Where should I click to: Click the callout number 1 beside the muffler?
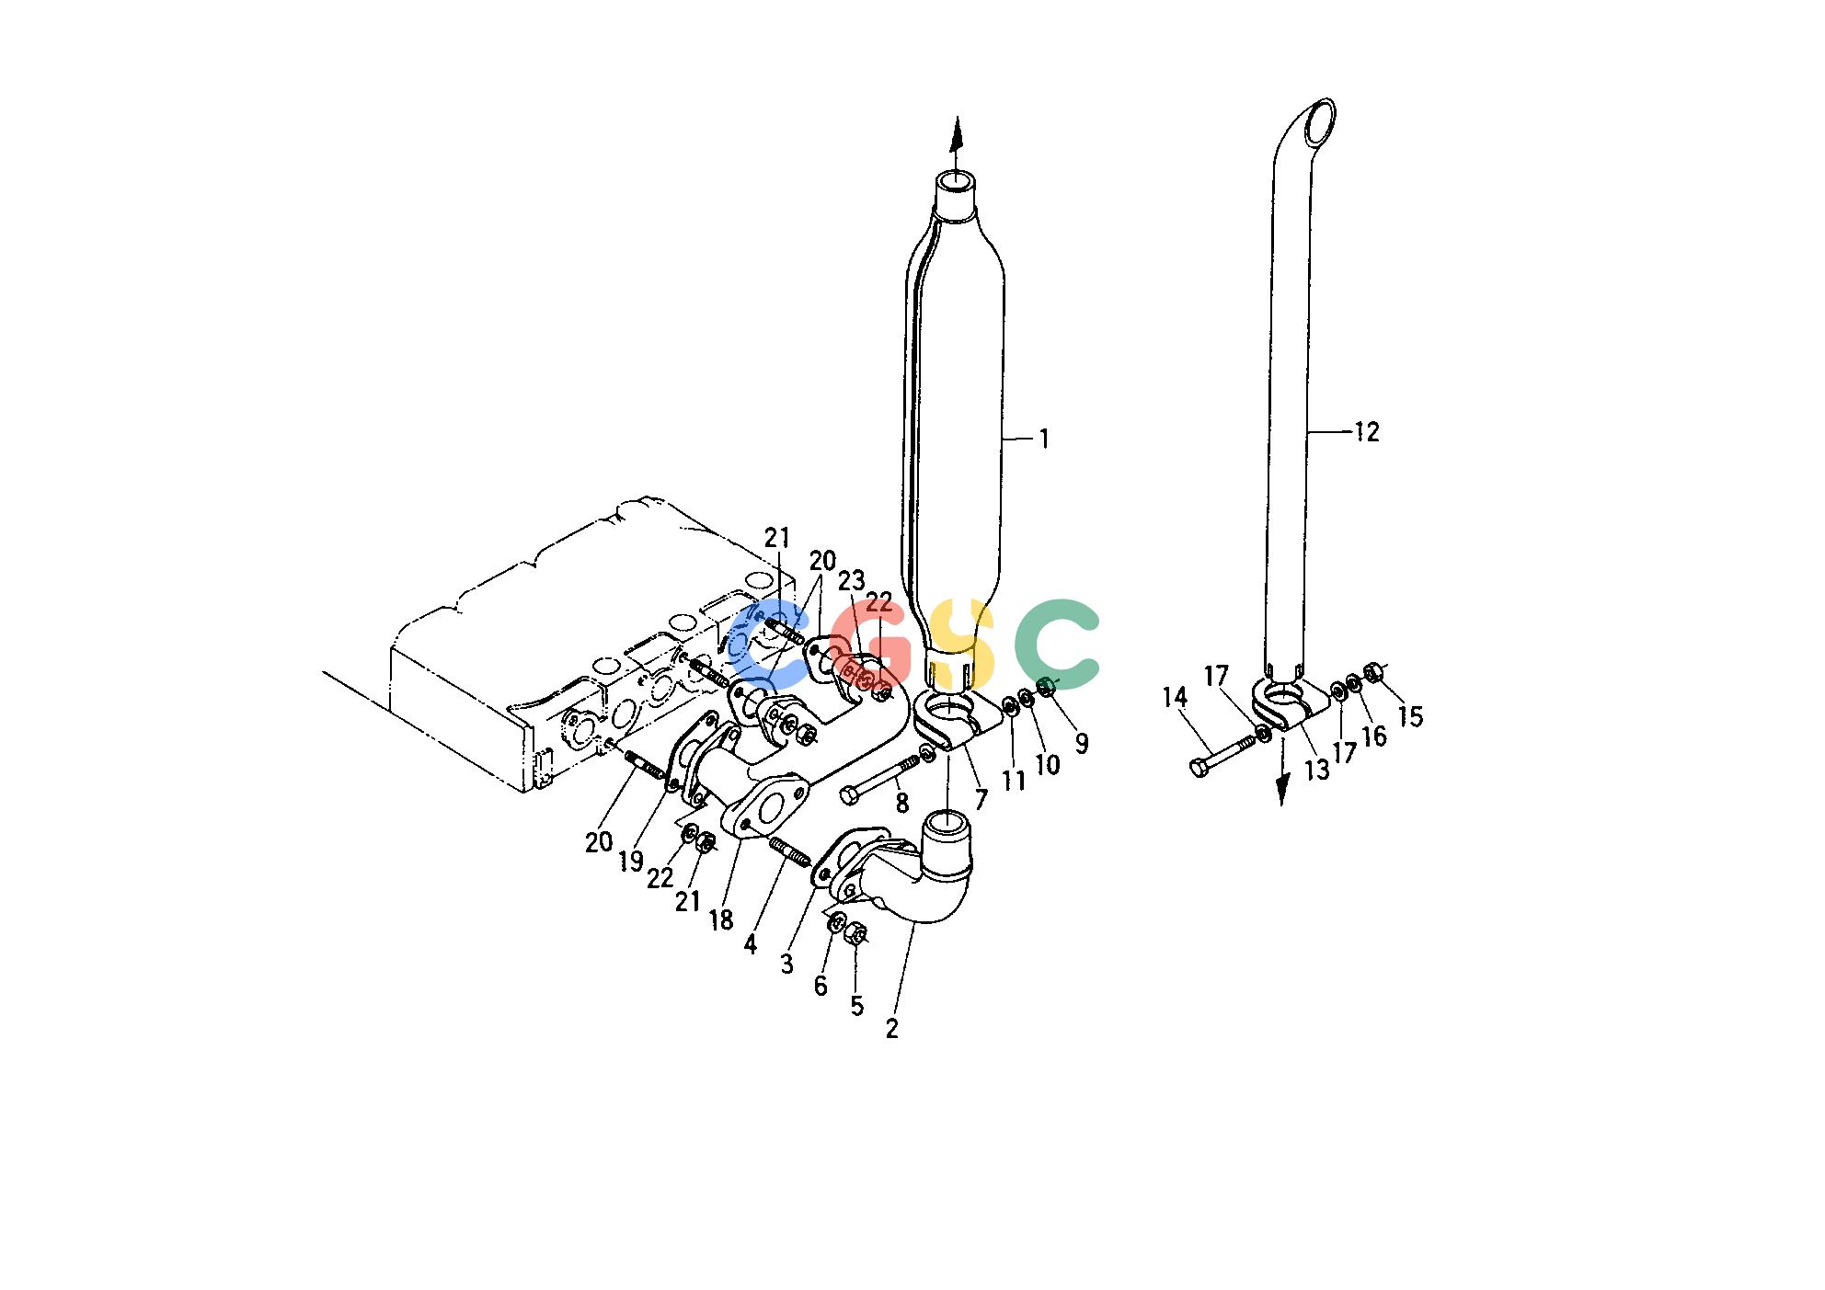pos(1044,440)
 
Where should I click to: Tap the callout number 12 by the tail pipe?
pos(1367,431)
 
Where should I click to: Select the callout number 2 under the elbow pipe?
pos(891,1029)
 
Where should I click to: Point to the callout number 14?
pos(1175,698)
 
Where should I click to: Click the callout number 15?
pos(1410,715)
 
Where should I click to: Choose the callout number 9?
pos(1081,743)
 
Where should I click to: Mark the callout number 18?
pos(721,919)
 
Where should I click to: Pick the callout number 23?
pos(852,581)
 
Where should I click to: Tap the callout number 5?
pos(857,1006)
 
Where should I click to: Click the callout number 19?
pos(630,862)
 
